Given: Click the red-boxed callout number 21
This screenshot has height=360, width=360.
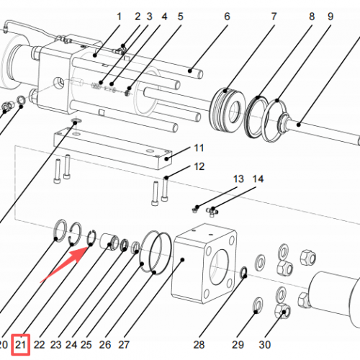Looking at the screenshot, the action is pyautogui.click(x=21, y=345).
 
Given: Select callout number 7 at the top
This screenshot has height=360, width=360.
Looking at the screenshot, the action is pyautogui.click(x=274, y=17).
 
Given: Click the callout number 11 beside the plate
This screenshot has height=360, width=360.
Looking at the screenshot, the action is pyautogui.click(x=199, y=148).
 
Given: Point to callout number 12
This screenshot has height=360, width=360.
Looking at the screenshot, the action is pyautogui.click(x=199, y=166).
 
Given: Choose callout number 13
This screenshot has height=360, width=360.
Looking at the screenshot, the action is pyautogui.click(x=238, y=179).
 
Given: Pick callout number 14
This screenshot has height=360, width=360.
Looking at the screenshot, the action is pyautogui.click(x=258, y=179).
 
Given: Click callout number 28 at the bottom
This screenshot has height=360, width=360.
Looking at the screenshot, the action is pyautogui.click(x=199, y=345).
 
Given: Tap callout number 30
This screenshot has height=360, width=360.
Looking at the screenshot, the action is pyautogui.click(x=265, y=345).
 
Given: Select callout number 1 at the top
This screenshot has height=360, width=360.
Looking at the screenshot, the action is pyautogui.click(x=119, y=17).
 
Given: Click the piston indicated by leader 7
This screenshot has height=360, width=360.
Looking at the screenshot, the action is pyautogui.click(x=228, y=109).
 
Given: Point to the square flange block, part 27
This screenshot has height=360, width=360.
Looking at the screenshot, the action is pyautogui.click(x=204, y=264).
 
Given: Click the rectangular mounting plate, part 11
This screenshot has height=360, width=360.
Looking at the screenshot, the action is pyautogui.click(x=113, y=148).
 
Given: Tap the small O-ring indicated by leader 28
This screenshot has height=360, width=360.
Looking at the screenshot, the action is pyautogui.click(x=243, y=272).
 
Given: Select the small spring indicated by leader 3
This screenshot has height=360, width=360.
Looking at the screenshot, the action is pyautogui.click(x=96, y=86).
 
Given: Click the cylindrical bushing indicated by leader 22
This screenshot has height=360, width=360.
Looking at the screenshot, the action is pyautogui.click(x=109, y=242).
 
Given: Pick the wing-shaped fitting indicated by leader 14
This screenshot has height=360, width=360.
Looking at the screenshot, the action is pyautogui.click(x=212, y=212).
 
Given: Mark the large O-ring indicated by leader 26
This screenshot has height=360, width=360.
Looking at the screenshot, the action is pyautogui.click(x=160, y=253).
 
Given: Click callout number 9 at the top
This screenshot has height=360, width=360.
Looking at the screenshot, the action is pyautogui.click(x=330, y=17).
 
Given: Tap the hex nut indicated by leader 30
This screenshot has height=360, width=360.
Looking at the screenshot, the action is pyautogui.click(x=282, y=311).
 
